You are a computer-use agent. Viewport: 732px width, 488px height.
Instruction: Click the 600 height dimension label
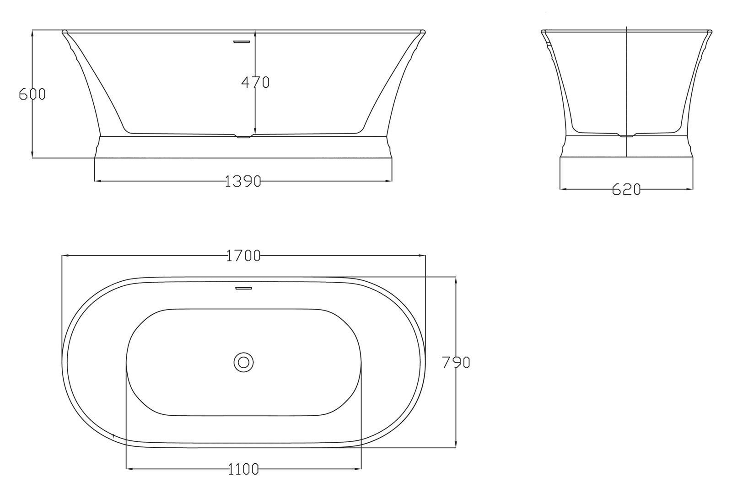point(32,94)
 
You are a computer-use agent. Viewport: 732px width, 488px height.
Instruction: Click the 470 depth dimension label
point(255,82)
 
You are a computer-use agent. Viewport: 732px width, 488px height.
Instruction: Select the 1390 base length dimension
point(243,181)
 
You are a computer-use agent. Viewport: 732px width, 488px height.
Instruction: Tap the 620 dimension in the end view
point(626,189)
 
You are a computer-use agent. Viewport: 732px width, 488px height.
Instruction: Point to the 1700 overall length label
point(243,256)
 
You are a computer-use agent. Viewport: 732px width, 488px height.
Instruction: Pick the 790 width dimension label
point(456,362)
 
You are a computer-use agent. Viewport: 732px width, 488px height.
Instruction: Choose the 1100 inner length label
point(243,469)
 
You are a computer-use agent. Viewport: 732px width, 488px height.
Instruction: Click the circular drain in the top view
point(244,362)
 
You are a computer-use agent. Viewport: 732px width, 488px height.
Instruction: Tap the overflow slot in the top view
point(244,288)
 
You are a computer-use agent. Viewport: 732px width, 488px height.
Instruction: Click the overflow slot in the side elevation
point(242,42)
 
